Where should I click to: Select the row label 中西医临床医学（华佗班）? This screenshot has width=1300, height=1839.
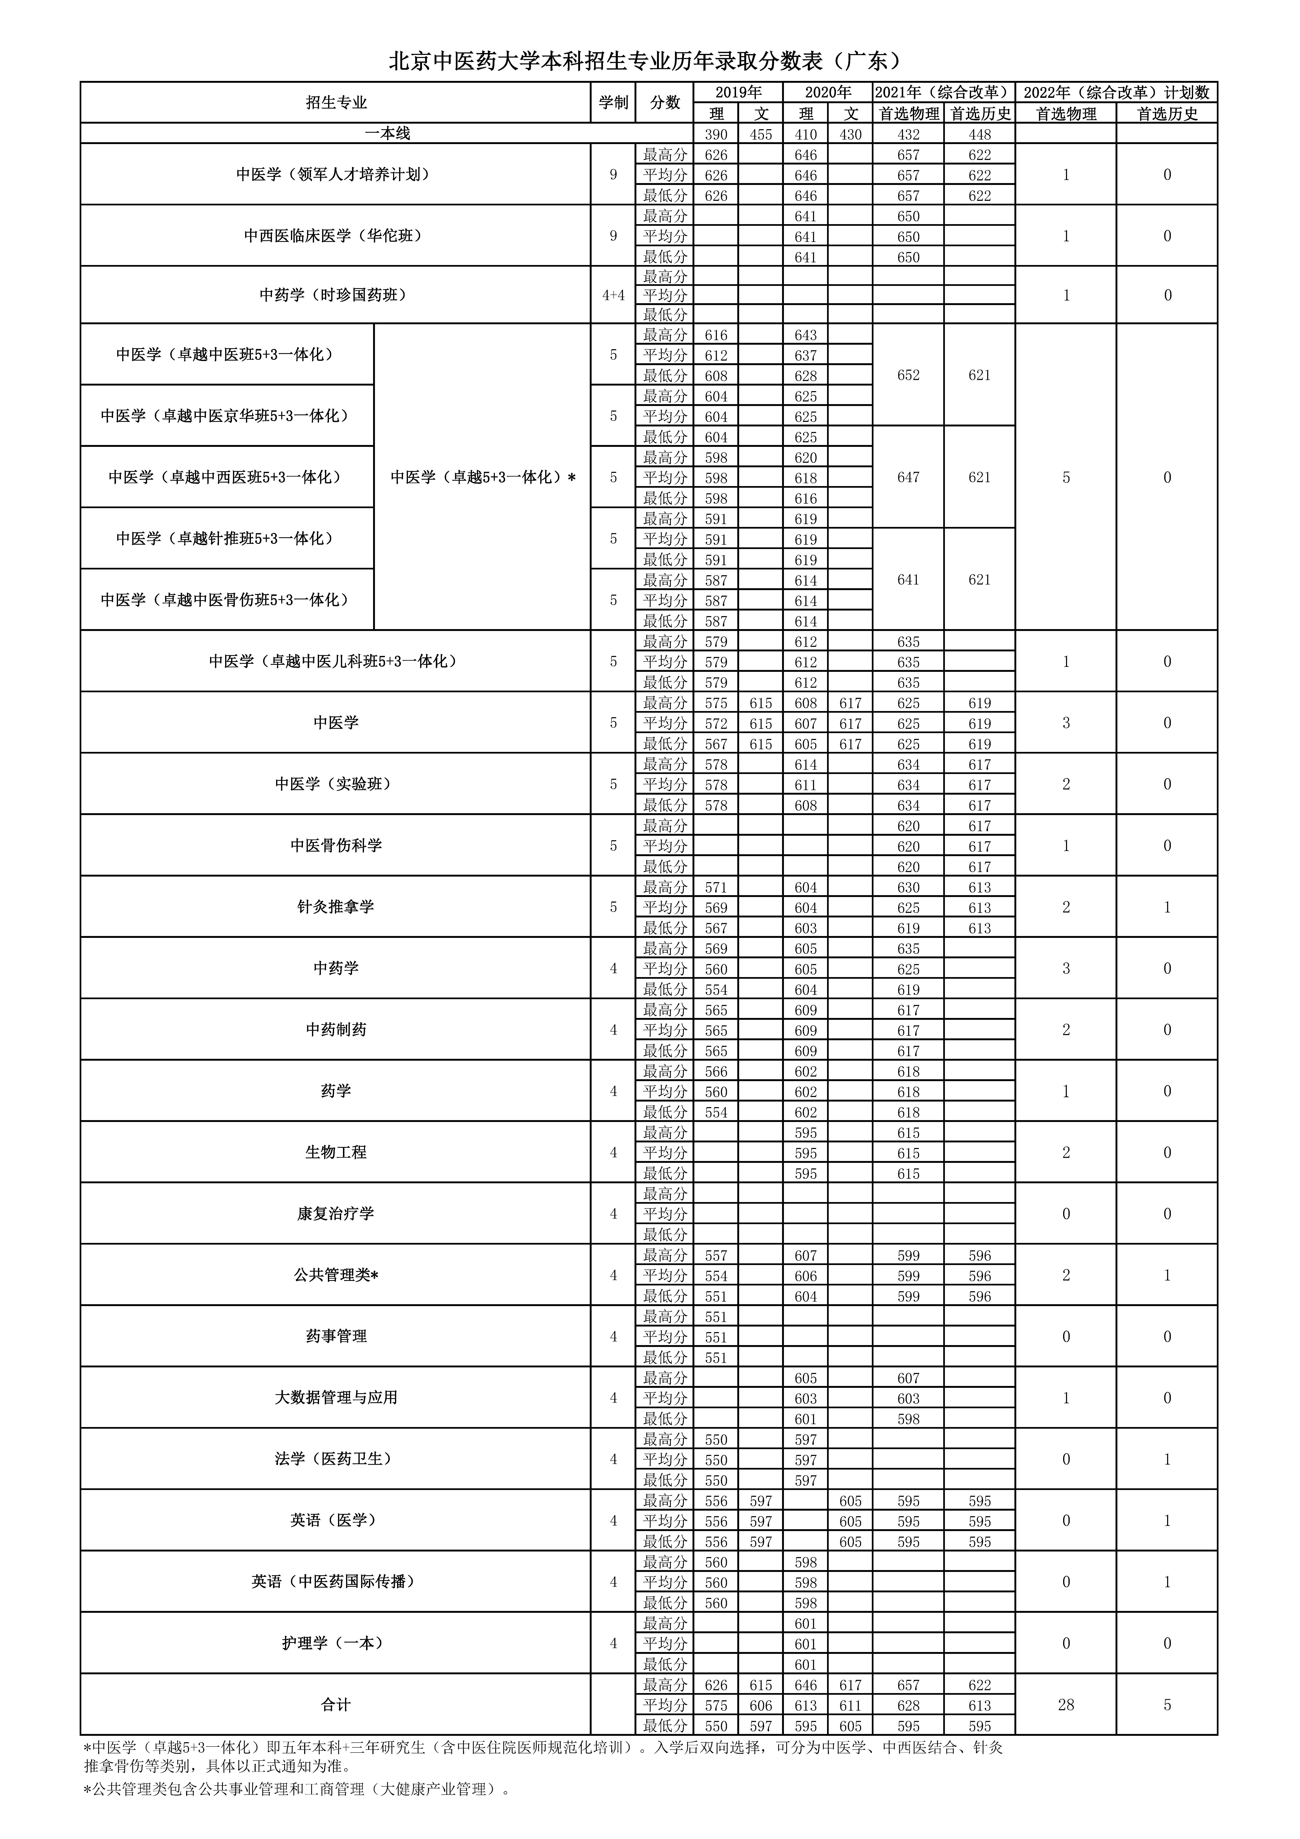[x=336, y=235]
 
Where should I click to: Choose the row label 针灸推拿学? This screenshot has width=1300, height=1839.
[x=336, y=907]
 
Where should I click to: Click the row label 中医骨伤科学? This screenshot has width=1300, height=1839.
[x=336, y=846]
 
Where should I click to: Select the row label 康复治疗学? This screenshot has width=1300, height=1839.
[x=336, y=1213]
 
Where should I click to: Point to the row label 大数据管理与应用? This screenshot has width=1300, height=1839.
[x=336, y=1398]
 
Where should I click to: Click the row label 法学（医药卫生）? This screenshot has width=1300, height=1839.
[x=336, y=1459]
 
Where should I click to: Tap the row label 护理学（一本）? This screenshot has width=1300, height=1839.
[x=336, y=1643]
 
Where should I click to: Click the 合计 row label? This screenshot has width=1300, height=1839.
[x=336, y=1705]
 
